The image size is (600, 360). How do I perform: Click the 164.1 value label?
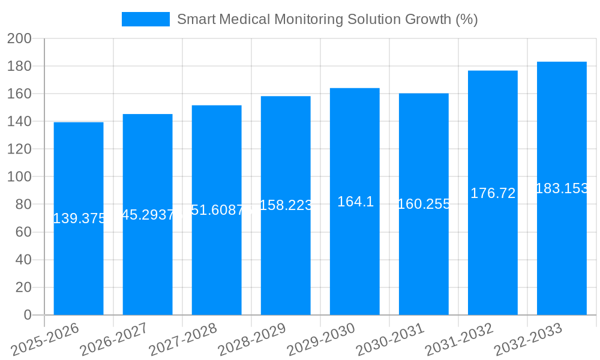click(355, 202)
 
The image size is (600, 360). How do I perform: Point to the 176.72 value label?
click(493, 193)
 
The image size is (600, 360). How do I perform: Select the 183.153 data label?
click(562, 188)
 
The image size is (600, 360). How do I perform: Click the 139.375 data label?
click(79, 218)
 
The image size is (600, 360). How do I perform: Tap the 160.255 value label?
click(424, 204)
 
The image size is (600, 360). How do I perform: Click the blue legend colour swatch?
click(146, 19)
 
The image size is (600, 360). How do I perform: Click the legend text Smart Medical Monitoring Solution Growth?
click(327, 19)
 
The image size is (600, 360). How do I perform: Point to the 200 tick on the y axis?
click(19, 38)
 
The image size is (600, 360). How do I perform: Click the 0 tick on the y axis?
click(27, 315)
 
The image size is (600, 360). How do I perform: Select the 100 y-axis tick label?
click(19, 177)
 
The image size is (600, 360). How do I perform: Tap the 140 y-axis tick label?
click(19, 122)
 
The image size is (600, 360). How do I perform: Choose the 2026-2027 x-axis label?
click(114, 340)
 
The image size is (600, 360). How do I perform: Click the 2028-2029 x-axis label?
click(252, 340)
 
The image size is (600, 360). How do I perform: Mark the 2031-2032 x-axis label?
click(459, 340)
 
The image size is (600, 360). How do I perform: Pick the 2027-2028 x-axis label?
click(183, 340)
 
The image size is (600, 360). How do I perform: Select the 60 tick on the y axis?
click(23, 232)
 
